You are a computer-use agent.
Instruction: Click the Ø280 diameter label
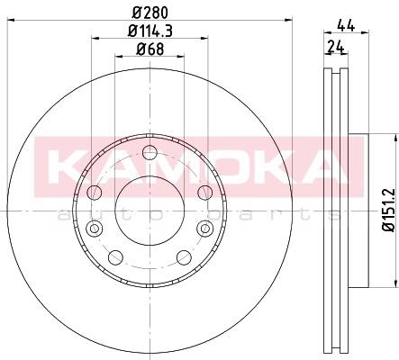pyautogui.click(x=150, y=13)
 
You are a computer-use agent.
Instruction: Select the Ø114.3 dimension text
pyautogui.click(x=150, y=31)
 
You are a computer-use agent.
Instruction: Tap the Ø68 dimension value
pyautogui.click(x=150, y=49)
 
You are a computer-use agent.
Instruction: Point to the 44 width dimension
pyautogui.click(x=346, y=25)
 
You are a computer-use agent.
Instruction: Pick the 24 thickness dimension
pyautogui.click(x=336, y=47)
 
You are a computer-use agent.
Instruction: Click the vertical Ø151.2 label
pyautogui.click(x=389, y=210)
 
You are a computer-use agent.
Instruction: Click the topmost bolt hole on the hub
pyautogui.click(x=150, y=153)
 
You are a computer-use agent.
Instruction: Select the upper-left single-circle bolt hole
pyautogui.click(x=95, y=193)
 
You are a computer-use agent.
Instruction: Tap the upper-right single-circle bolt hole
pyautogui.click(x=205, y=193)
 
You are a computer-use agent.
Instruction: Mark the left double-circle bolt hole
pyautogui.click(x=95, y=229)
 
